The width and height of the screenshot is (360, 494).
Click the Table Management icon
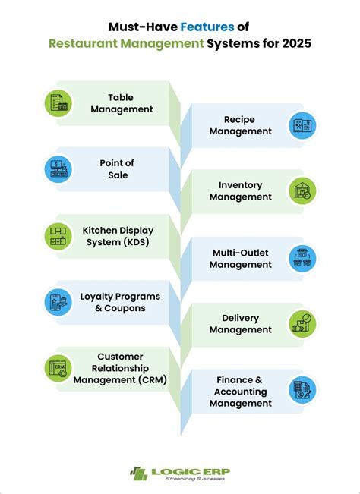pos(58,103)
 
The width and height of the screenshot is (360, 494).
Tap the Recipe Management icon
pos(302,125)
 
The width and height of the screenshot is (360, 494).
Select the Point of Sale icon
pos(58,169)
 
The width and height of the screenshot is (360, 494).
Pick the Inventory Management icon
pos(302,191)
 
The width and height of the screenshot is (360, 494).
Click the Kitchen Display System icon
pos(58,236)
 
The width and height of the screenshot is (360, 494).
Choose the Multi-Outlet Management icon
pos(302,258)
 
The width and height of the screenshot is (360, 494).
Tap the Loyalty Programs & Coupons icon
pos(58,302)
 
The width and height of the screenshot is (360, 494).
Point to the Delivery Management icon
pos(302,324)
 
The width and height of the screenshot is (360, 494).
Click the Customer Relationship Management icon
pos(58,368)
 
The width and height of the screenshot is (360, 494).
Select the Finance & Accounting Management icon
pos(302,390)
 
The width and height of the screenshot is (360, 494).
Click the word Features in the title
pos(207,27)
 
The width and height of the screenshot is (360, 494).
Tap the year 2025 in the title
pos(296,43)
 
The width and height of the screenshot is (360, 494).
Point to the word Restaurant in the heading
pos(83,43)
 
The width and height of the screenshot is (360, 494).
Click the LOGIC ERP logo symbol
pos(139,474)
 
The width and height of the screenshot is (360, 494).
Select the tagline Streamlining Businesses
pos(195,479)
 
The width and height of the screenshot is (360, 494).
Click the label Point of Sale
pos(117,169)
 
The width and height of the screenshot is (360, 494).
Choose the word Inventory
pos(240,185)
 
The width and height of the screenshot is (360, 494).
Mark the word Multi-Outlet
pos(241,253)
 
